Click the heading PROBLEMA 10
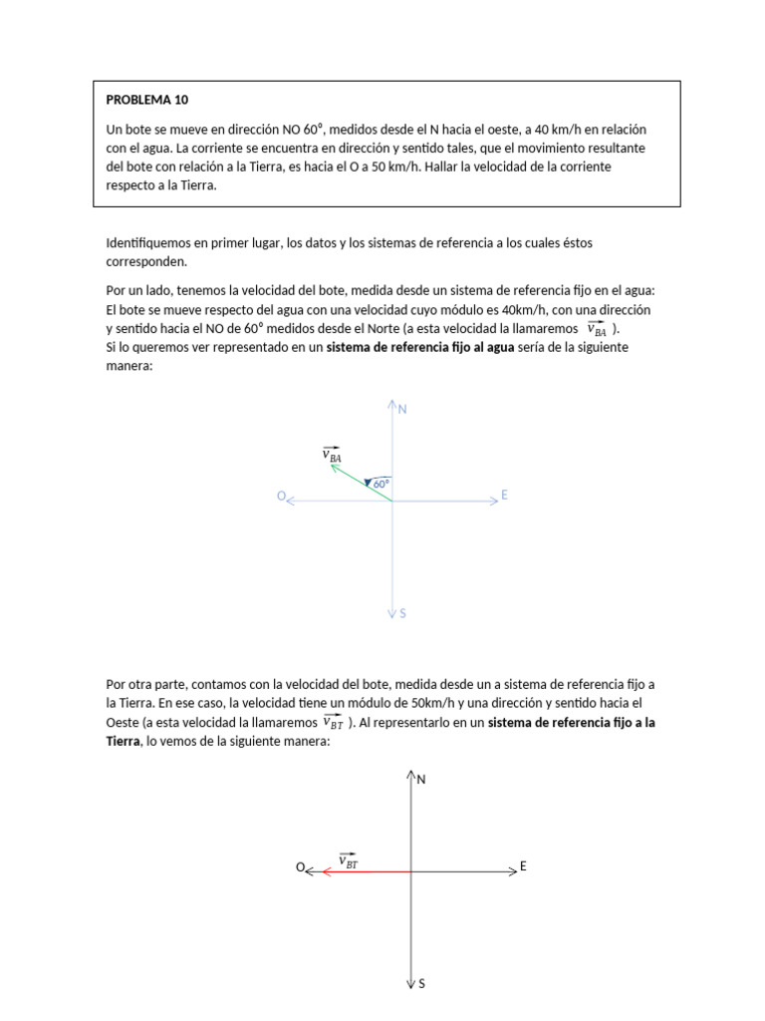point(146,100)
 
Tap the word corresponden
point(144,261)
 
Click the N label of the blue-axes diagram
point(403,410)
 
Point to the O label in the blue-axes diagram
point(281,497)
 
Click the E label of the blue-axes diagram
point(505,496)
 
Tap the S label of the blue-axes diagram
point(402,614)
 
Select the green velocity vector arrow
point(361,483)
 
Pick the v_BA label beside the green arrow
point(332,456)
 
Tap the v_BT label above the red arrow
point(349,860)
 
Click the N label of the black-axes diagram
point(421,780)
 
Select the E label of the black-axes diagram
point(522,867)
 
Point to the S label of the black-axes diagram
point(421,984)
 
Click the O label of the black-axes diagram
point(299,868)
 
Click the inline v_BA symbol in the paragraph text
point(596,329)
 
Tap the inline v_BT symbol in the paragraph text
point(334,722)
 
